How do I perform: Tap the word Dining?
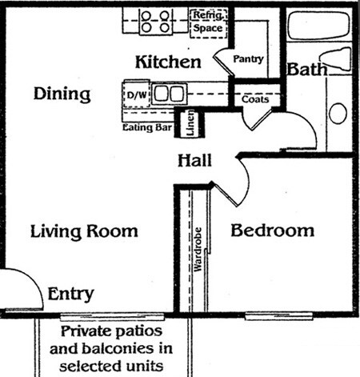[62, 94]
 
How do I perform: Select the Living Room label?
[84, 231]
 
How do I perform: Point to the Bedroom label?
[272, 231]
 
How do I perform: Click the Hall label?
[194, 161]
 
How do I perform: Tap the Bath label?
[307, 70]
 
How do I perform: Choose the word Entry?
[71, 293]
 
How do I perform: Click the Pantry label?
[248, 59]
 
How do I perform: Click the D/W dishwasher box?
[138, 94]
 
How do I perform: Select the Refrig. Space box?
[210, 22]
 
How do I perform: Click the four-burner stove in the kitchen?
[155, 21]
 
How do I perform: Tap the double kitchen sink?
[169, 94]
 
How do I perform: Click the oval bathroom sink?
[338, 113]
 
